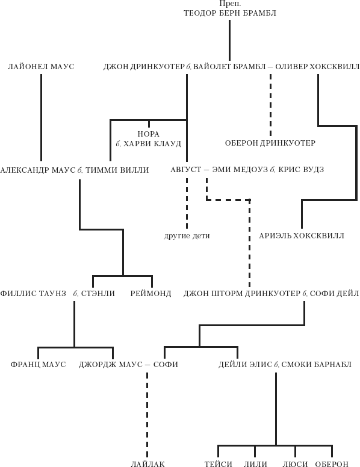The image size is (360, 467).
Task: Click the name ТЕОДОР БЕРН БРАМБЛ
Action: (230, 13)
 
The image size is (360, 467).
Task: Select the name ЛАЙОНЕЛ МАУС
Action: (41, 66)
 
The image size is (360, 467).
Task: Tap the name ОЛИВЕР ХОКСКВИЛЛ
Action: (317, 66)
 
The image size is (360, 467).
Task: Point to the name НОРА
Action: (149, 134)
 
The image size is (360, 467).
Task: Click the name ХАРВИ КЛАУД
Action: (152, 144)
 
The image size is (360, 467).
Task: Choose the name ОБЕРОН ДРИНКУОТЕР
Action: (270, 143)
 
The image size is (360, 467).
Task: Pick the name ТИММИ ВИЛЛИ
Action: (117, 170)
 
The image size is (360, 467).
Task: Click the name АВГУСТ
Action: (186, 170)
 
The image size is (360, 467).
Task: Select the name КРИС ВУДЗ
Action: (301, 170)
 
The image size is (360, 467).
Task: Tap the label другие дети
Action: (187, 236)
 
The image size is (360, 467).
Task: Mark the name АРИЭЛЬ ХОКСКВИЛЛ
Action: (302, 235)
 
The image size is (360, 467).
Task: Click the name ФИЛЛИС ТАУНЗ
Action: (33, 293)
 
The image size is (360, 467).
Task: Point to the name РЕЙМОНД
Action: (151, 293)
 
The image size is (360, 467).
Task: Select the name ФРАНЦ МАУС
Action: (38, 364)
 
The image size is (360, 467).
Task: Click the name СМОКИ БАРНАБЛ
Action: (317, 364)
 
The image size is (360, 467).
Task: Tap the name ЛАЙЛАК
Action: (148, 464)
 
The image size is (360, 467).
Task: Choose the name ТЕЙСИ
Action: (218, 464)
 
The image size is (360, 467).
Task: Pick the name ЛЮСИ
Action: (295, 464)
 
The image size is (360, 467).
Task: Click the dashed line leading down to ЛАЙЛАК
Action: (147, 415)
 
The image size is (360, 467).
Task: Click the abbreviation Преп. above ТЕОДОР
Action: (230, 4)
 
